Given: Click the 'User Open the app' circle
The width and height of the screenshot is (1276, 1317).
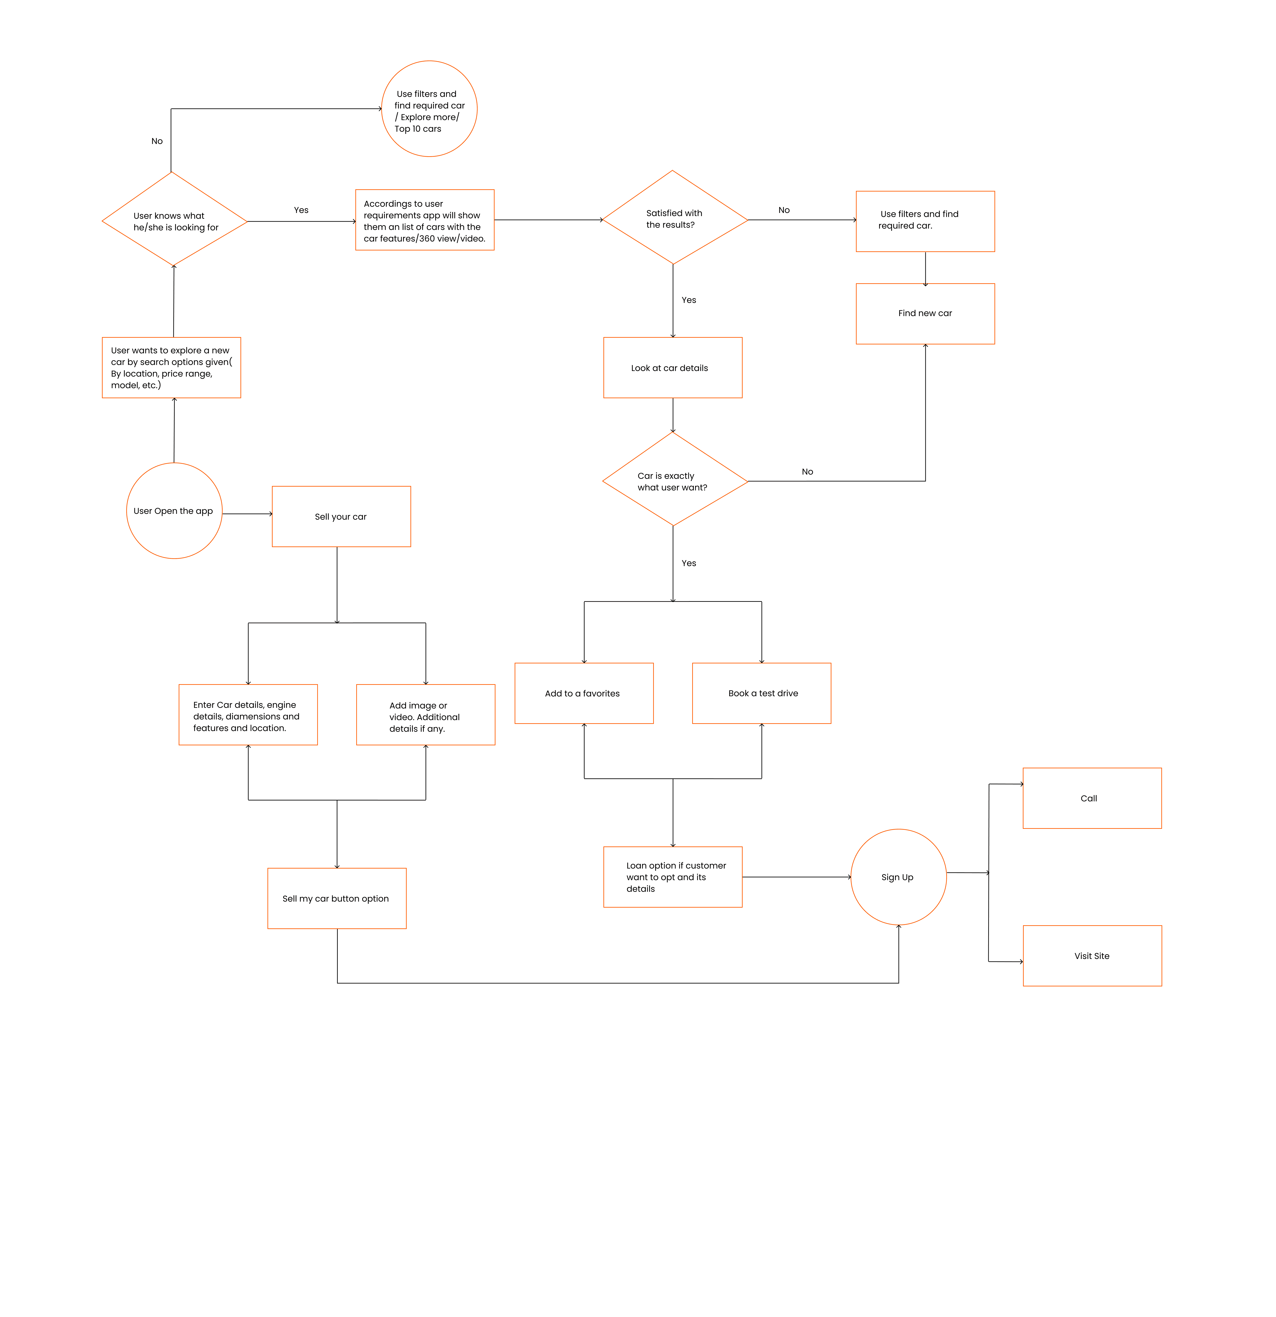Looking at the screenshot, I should point(174,511).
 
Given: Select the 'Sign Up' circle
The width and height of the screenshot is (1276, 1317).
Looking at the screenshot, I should point(898,877).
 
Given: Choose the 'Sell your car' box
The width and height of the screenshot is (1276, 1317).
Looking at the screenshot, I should point(341,516).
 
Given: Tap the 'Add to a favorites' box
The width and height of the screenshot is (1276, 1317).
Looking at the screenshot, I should point(584,693).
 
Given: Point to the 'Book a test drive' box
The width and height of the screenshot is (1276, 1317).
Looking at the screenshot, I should point(762,693).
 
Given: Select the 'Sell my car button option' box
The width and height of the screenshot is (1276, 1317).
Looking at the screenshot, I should point(336,898).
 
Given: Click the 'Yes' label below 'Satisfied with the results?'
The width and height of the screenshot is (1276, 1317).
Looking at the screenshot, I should point(688,300).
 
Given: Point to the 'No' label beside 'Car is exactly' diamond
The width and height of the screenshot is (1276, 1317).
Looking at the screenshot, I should point(807,472).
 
